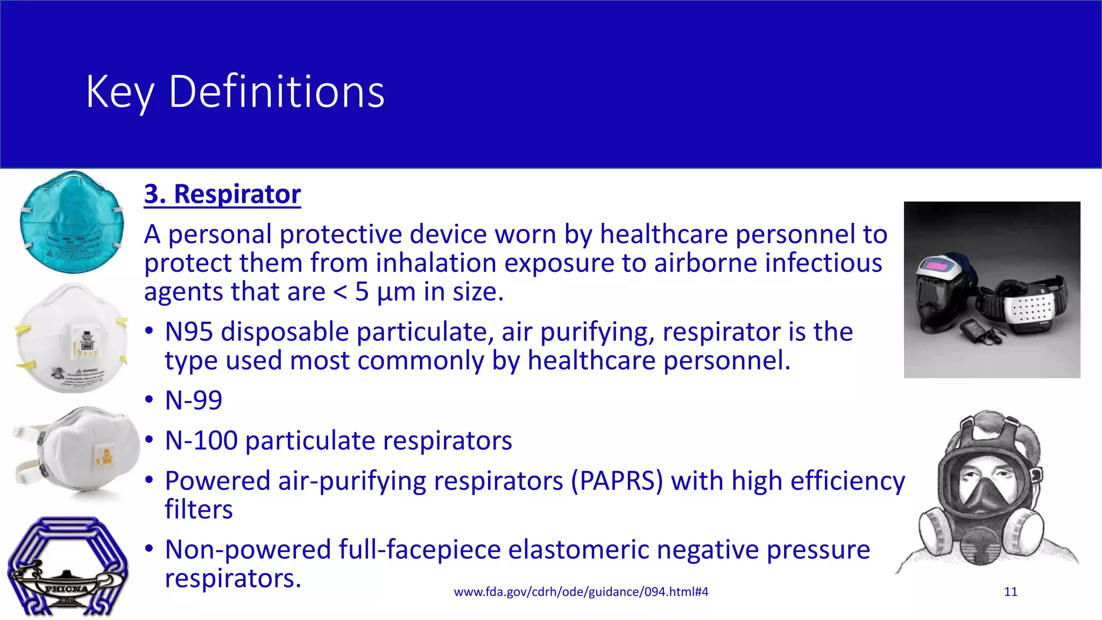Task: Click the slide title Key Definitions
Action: point(235,92)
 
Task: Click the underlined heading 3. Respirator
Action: point(222,194)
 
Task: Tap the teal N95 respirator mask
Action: point(72,222)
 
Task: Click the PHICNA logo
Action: point(67,567)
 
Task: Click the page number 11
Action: point(1011,592)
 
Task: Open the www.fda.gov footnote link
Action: point(581,592)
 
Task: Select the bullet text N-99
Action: point(193,400)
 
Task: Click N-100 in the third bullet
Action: point(201,441)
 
